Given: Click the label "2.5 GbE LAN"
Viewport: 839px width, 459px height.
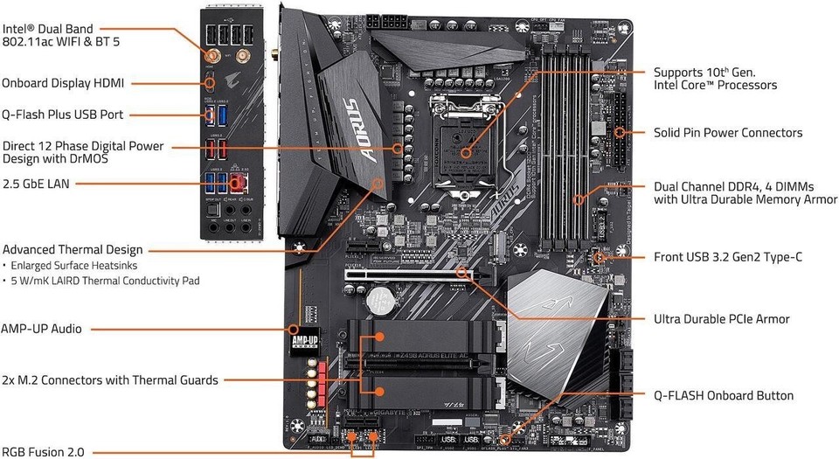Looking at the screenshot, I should pyautogui.click(x=35, y=184).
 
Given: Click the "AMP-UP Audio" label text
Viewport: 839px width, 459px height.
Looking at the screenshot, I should pyautogui.click(x=41, y=329).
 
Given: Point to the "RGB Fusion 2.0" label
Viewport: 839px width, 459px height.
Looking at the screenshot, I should pyautogui.click(x=44, y=452).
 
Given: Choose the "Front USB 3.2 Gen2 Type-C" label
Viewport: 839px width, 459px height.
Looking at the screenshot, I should pyautogui.click(x=728, y=257).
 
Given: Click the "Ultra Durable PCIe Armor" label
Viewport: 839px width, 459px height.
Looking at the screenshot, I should pyautogui.click(x=722, y=319).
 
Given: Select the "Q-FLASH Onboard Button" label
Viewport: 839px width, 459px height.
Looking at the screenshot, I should pyautogui.click(x=724, y=395).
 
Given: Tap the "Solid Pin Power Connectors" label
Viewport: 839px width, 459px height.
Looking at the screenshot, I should pyautogui.click(x=728, y=133).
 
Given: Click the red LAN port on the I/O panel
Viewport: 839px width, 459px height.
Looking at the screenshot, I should pyautogui.click(x=236, y=182).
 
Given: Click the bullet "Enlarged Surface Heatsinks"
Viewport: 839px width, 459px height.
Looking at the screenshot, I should pyautogui.click(x=72, y=265).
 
